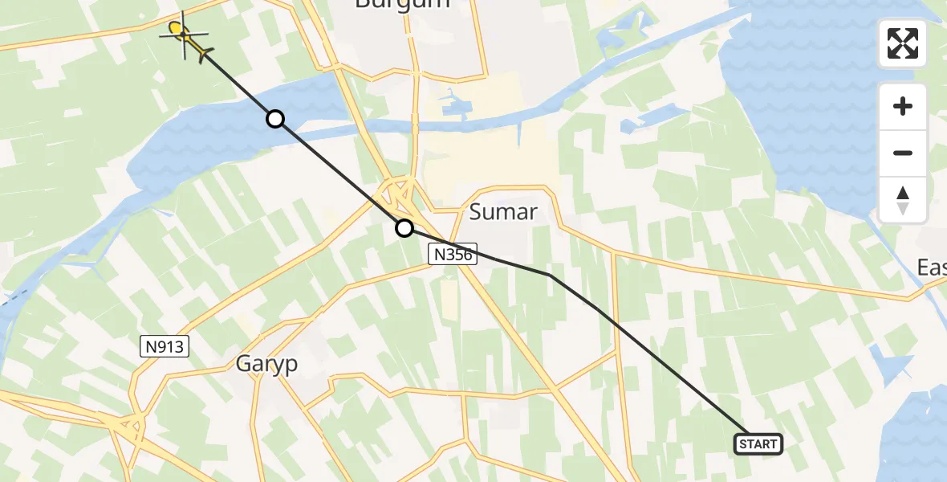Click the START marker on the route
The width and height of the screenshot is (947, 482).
tap(758, 443)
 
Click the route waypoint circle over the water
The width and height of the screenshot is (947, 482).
tap(275, 119)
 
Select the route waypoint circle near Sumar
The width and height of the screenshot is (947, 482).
tap(404, 229)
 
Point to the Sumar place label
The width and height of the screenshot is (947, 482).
tap(502, 212)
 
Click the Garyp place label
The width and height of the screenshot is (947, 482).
tap(266, 364)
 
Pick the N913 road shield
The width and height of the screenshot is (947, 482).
tap(165, 347)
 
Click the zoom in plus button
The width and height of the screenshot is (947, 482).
tap(903, 106)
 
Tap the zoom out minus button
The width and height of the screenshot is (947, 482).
tap(903, 153)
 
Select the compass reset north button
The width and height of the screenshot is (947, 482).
tap(903, 200)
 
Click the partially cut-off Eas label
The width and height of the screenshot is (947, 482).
tap(933, 268)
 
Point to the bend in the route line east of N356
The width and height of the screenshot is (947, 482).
tap(550, 275)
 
